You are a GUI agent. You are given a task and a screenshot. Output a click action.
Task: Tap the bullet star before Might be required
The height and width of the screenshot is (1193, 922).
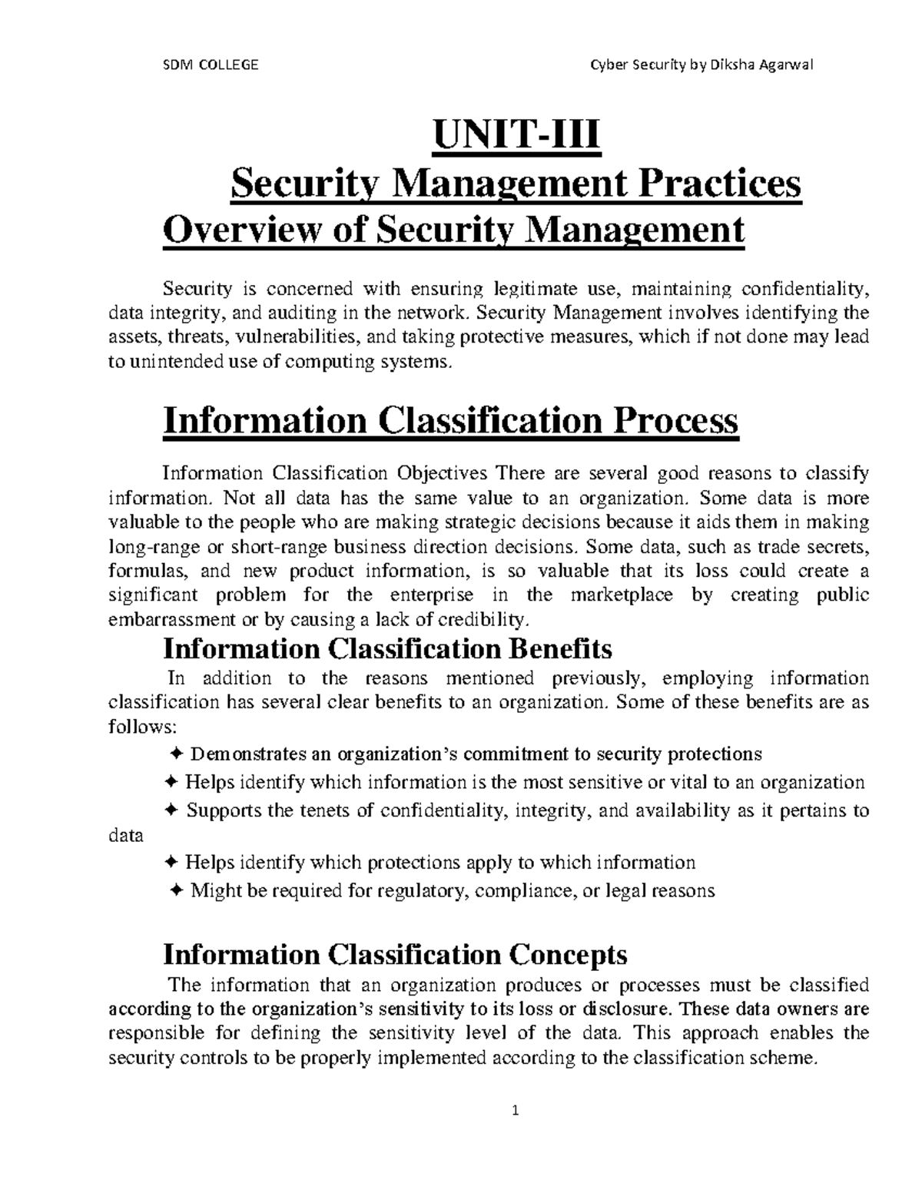[176, 890]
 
